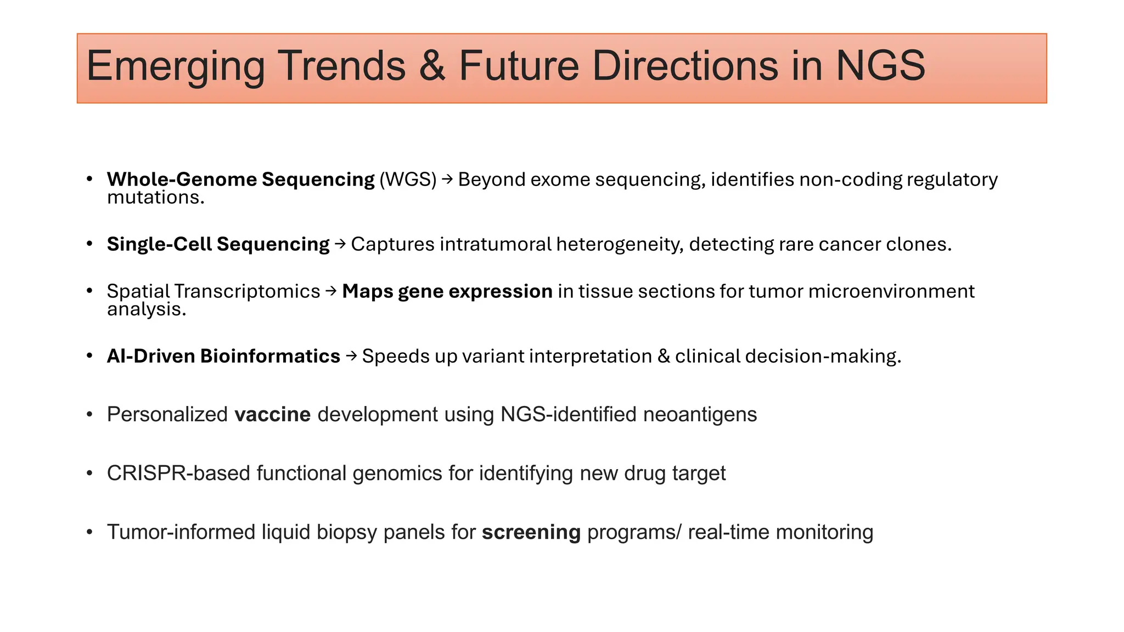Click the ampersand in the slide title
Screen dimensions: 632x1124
pyautogui.click(x=432, y=66)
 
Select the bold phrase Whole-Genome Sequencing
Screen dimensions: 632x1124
pyautogui.click(x=240, y=179)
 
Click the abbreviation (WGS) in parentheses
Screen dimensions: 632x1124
pyautogui.click(x=408, y=179)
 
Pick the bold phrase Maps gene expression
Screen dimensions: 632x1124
pyautogui.click(x=447, y=291)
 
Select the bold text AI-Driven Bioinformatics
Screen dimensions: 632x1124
pyautogui.click(x=223, y=356)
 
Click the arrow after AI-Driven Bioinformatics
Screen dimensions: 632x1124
pyautogui.click(x=351, y=356)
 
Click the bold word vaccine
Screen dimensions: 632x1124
pyautogui.click(x=272, y=414)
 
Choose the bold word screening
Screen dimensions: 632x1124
pyautogui.click(x=531, y=532)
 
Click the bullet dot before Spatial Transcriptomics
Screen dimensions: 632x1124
pyautogui.click(x=89, y=291)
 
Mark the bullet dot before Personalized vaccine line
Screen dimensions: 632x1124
pyautogui.click(x=89, y=414)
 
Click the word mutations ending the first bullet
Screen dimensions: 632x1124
pyautogui.click(x=155, y=198)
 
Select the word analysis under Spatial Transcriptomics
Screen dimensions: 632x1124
pyautogui.click(x=146, y=309)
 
